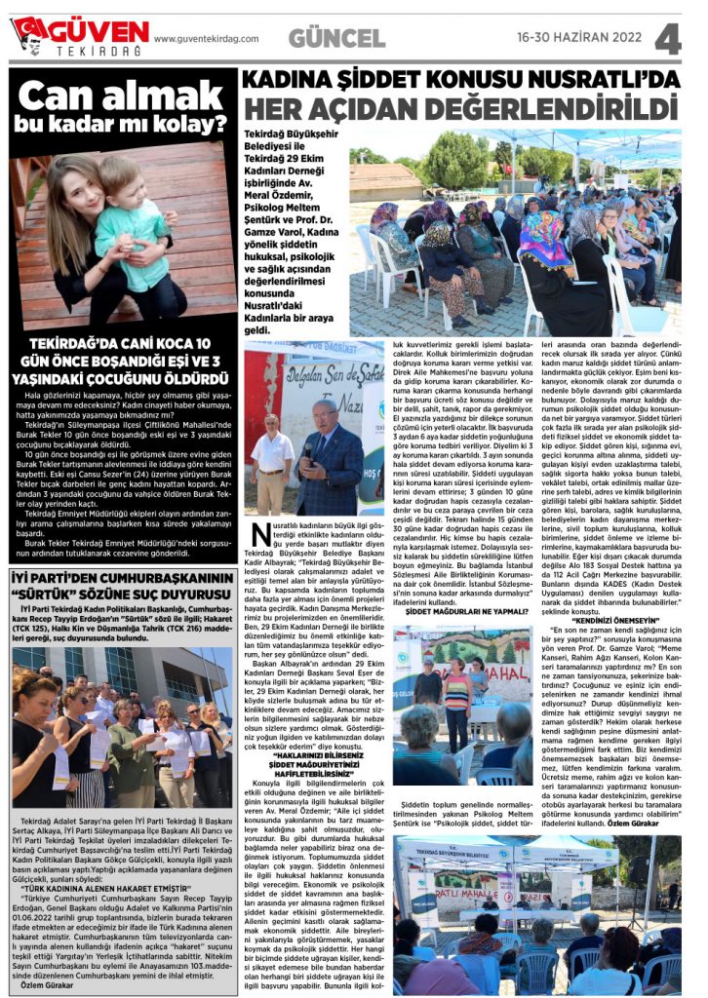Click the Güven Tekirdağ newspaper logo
click(79, 36)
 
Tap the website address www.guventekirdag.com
click(206, 39)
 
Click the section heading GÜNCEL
click(337, 38)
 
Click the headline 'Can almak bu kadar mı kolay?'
click(122, 107)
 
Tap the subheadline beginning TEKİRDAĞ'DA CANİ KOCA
click(122, 360)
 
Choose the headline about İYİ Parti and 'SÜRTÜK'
click(122, 583)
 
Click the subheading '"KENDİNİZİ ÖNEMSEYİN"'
click(606, 620)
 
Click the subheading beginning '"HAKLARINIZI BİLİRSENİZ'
click(316, 757)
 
